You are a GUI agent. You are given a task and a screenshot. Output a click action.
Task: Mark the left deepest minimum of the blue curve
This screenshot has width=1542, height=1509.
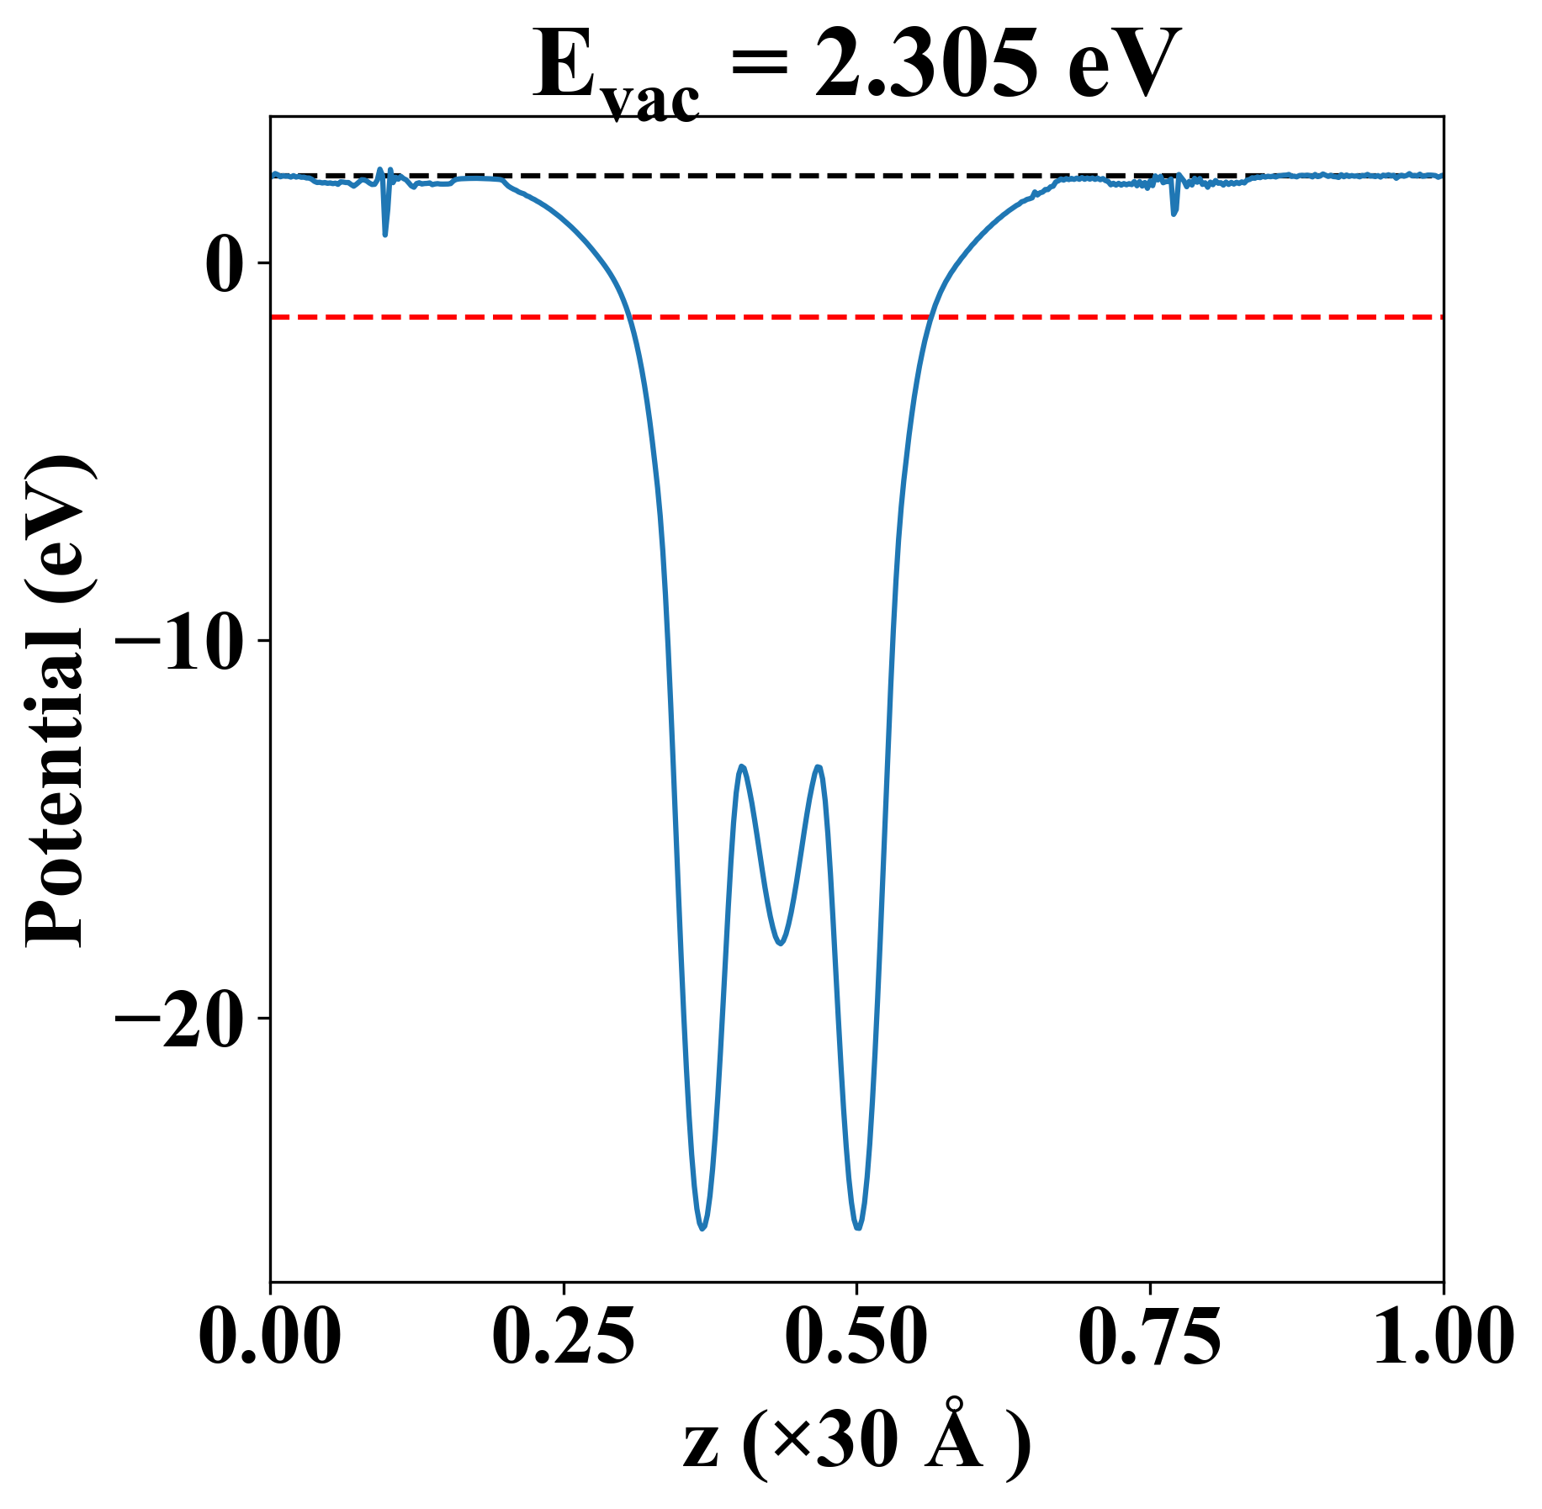[x=702, y=1229]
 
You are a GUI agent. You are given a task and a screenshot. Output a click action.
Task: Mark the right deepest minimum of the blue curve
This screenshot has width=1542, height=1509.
[x=858, y=1229]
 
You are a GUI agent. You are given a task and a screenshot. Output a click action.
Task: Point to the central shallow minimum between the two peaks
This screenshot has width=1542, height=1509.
[x=781, y=943]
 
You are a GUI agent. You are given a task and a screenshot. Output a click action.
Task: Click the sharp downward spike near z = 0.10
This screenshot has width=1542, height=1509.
[x=385, y=234]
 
